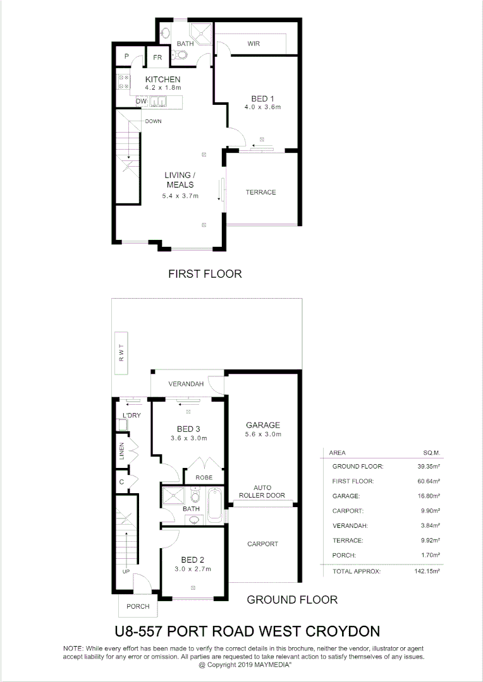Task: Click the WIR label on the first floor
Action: (x=254, y=44)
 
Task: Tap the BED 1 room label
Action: (x=262, y=99)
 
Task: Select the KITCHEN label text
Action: (x=162, y=79)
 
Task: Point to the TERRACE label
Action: (x=261, y=192)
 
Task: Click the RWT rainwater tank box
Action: (x=121, y=354)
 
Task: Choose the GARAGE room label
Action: (x=262, y=425)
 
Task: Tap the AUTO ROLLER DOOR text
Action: (x=262, y=491)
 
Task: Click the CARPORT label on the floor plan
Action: (x=262, y=544)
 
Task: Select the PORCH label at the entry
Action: (x=138, y=606)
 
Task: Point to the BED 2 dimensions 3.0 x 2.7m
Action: (x=193, y=569)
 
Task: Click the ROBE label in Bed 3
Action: (x=204, y=477)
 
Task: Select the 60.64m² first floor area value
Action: (x=427, y=481)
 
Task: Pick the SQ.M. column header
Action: (x=431, y=453)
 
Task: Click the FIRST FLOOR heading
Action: (x=205, y=274)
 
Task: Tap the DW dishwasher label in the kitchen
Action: (x=141, y=101)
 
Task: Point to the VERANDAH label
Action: (x=185, y=384)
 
